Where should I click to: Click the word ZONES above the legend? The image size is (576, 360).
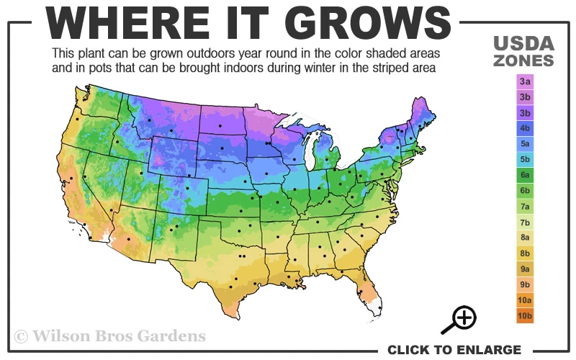click(523, 60)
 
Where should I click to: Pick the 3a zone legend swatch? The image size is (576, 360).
click(524, 82)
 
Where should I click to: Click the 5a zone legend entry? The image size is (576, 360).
click(524, 144)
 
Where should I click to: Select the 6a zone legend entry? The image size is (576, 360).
click(524, 175)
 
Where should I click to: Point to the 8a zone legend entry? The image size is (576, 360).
click(524, 238)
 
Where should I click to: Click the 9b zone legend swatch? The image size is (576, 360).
click(524, 284)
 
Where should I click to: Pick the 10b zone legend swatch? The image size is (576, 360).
click(524, 315)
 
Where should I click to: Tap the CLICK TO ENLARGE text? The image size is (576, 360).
click(454, 350)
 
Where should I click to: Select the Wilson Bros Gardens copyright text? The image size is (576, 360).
click(109, 336)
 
